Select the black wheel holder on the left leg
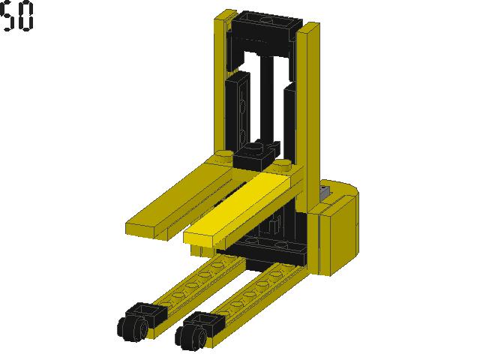[145, 313]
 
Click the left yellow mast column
[224, 82]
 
